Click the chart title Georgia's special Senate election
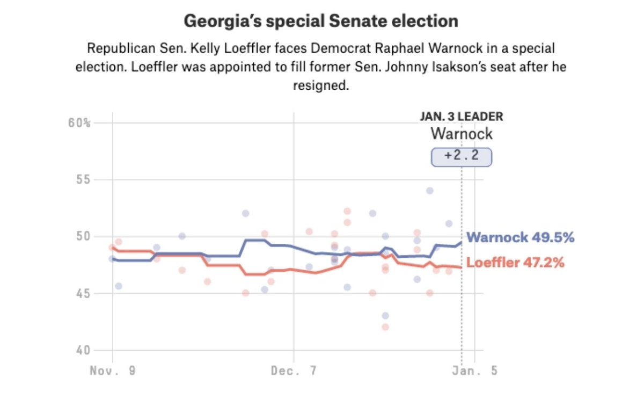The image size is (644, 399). click(321, 21)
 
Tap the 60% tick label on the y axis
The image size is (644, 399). click(79, 123)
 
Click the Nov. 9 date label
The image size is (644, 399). click(113, 371)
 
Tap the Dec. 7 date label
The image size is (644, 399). click(294, 371)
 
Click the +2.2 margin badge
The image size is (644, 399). click(462, 157)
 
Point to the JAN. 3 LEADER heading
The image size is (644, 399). click(461, 117)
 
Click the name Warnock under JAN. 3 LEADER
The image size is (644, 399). click(461, 134)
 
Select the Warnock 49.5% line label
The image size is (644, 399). click(520, 237)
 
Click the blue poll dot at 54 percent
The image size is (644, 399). click(429, 191)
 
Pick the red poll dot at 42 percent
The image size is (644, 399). click(385, 327)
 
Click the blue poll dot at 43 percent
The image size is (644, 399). click(385, 316)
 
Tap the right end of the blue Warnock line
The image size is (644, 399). click(461, 242)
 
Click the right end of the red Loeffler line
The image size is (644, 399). click(461, 267)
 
